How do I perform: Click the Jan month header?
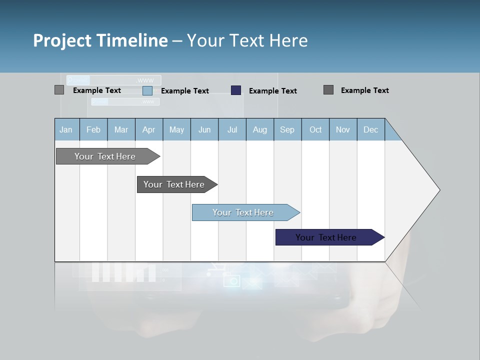pyautogui.click(x=66, y=130)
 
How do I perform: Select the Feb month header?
pyautogui.click(x=93, y=130)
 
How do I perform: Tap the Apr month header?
pyautogui.click(x=149, y=130)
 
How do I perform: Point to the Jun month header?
pyautogui.click(x=204, y=130)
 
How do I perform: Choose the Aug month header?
pyautogui.click(x=260, y=130)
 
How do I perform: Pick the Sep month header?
pyautogui.click(x=287, y=130)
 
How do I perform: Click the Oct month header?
pyautogui.click(x=315, y=130)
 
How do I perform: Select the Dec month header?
pyautogui.click(x=371, y=130)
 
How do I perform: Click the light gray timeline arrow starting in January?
pyautogui.click(x=105, y=156)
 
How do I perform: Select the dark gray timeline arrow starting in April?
pyautogui.click(x=174, y=184)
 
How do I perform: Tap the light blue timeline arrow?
pyautogui.click(x=243, y=212)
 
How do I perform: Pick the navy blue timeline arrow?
pyautogui.click(x=326, y=237)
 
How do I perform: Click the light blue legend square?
pyautogui.click(x=147, y=90)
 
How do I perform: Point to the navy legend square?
pyautogui.click(x=236, y=90)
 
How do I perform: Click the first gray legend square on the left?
pyautogui.click(x=59, y=90)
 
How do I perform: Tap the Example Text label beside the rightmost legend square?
pyautogui.click(x=364, y=90)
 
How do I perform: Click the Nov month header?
pyautogui.click(x=343, y=130)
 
